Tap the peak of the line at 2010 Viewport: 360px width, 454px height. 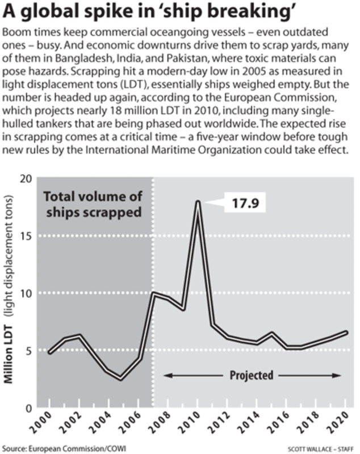198,202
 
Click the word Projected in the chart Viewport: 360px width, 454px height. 252,376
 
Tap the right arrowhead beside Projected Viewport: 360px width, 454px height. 338,376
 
